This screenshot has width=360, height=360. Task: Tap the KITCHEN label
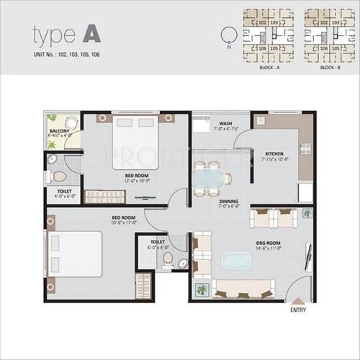[x=275, y=153]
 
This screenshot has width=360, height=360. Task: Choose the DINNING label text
[x=230, y=202]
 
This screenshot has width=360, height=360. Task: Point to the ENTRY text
[x=297, y=310]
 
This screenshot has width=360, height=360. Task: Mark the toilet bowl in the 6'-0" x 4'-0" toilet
[x=167, y=257]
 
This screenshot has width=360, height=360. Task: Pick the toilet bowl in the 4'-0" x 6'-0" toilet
[x=59, y=175]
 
